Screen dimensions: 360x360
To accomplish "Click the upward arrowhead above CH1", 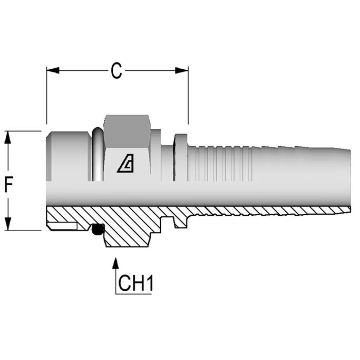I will coord(116,263).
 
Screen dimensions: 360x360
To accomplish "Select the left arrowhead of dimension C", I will coord(53,71).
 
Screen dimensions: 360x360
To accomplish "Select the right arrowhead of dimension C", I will coord(182,71).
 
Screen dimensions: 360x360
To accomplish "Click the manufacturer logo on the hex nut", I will coord(125,165).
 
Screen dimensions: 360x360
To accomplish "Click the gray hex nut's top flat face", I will coord(127,130).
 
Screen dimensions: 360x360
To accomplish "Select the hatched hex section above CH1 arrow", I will coord(127,233).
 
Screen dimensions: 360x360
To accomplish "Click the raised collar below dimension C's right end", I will coord(181,157).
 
